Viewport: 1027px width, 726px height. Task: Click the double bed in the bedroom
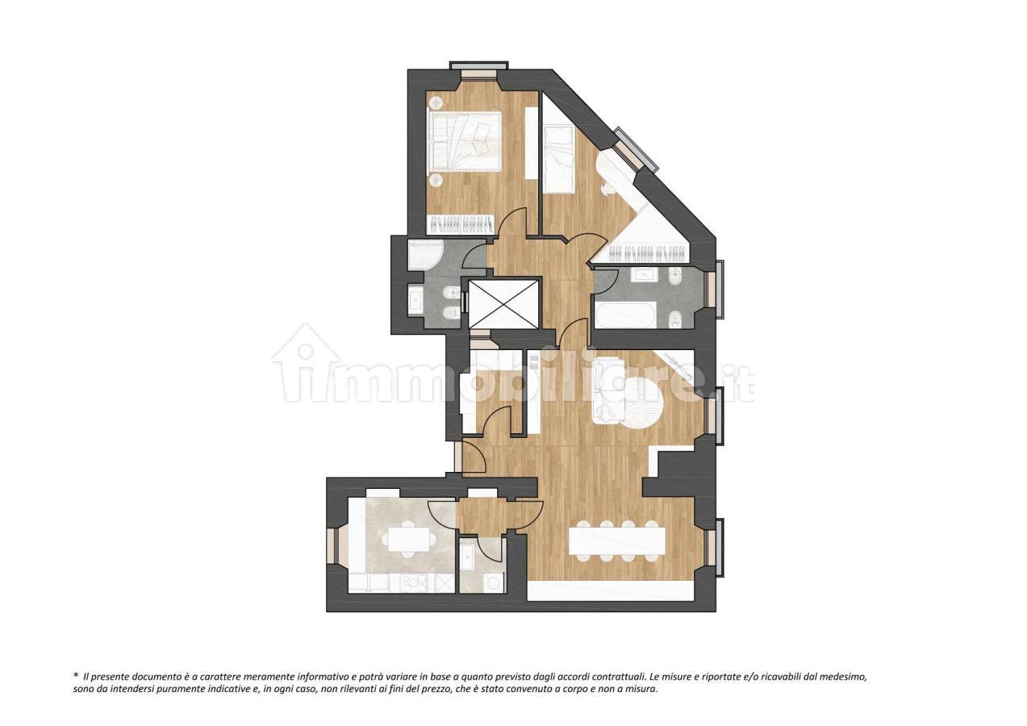click(463, 142)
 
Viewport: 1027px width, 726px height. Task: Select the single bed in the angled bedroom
click(558, 157)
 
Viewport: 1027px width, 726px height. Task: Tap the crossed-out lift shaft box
click(503, 303)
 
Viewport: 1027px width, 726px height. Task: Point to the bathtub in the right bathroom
click(625, 315)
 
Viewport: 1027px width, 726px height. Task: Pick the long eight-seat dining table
click(616, 540)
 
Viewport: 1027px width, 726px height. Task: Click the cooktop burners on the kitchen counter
click(414, 583)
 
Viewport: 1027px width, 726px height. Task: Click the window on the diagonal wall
click(637, 150)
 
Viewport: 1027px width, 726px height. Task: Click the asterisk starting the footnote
click(76, 675)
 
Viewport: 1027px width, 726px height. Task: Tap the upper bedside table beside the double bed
click(435, 102)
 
